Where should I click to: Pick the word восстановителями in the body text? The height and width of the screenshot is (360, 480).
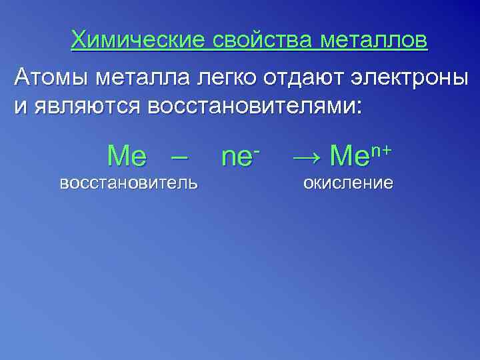(259, 107)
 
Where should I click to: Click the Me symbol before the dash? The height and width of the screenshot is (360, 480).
(127, 156)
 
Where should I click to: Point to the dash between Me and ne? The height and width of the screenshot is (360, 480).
(178, 157)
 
